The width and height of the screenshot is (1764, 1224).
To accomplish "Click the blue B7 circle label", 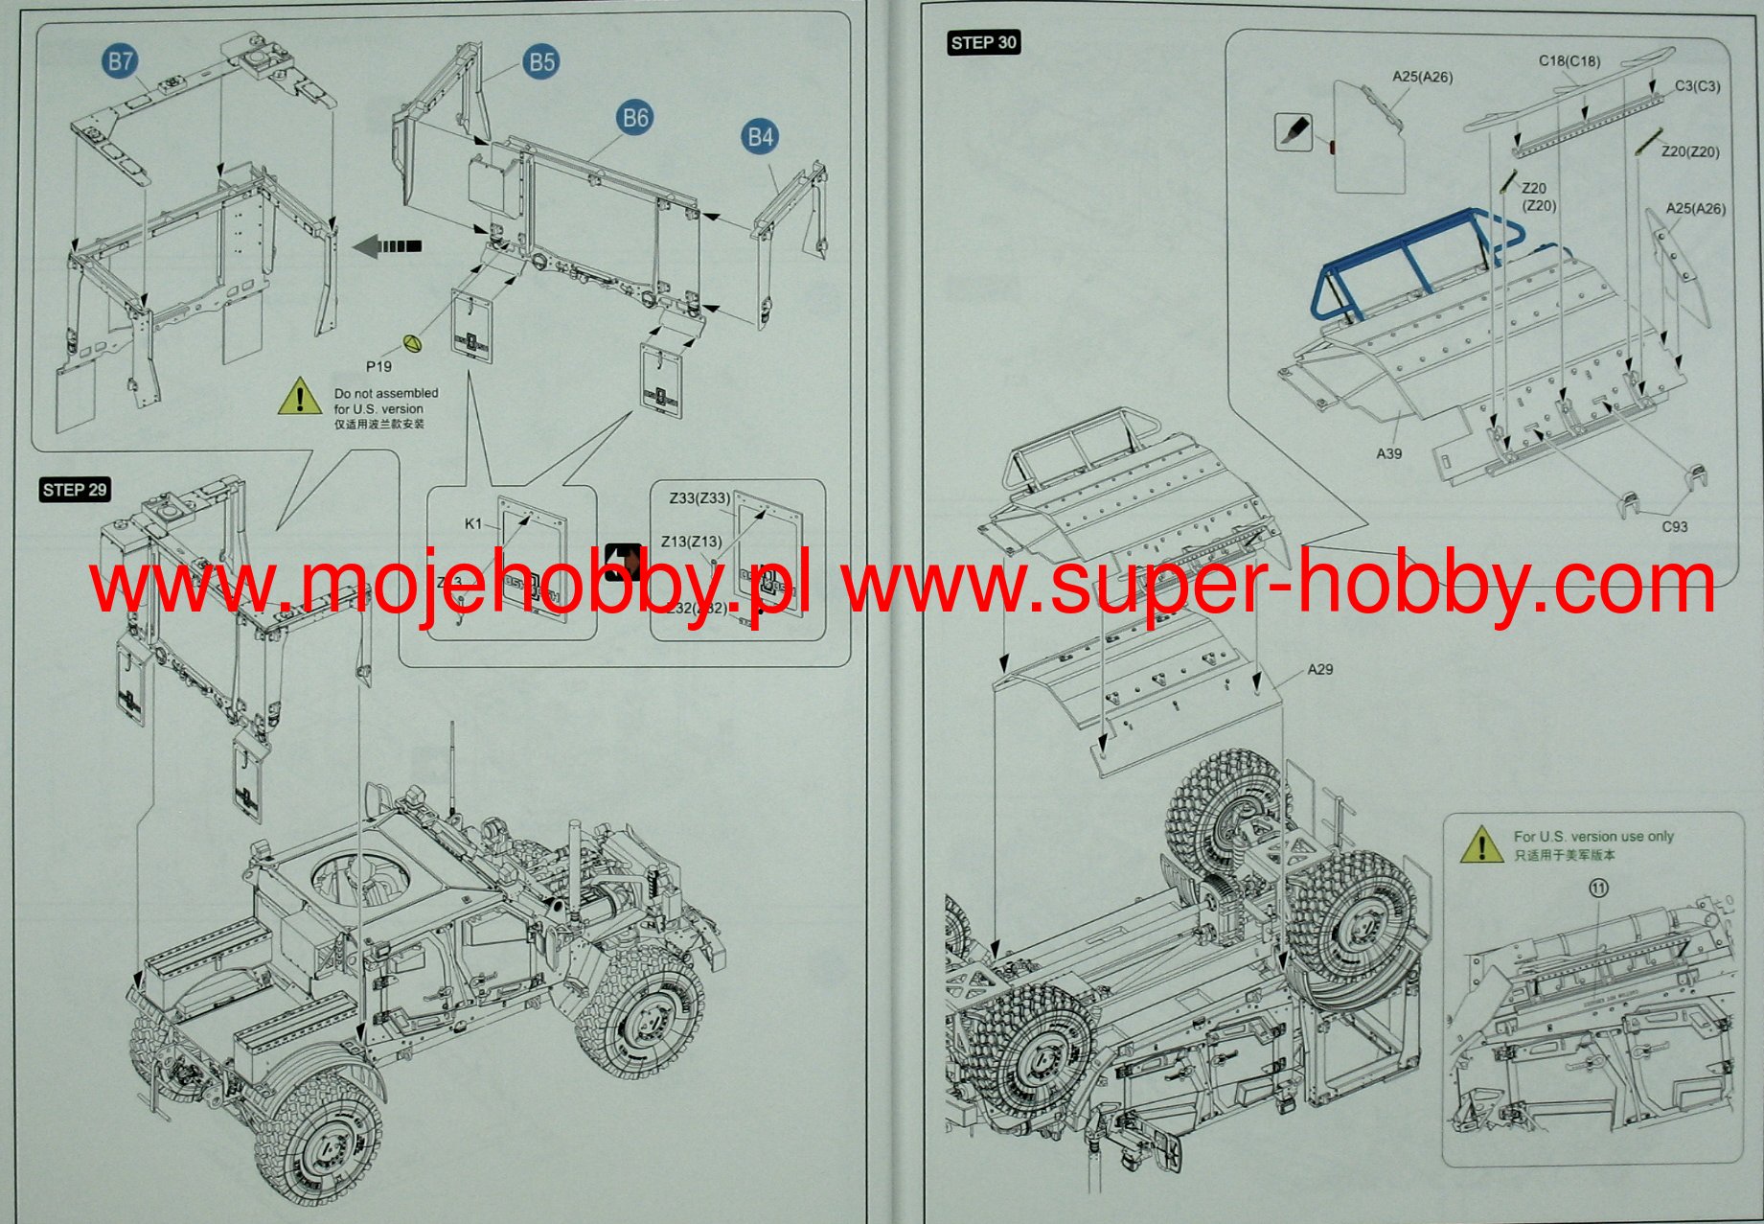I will point(120,62).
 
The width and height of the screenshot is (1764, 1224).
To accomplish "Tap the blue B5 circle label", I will point(541,62).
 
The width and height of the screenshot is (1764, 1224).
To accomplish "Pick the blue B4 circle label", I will point(760,137).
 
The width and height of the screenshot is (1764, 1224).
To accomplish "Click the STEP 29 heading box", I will point(75,490).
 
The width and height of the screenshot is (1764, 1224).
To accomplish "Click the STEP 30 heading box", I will point(983,43).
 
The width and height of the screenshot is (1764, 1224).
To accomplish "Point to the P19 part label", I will point(378,366).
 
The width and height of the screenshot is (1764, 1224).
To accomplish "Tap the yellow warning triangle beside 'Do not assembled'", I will point(300,397).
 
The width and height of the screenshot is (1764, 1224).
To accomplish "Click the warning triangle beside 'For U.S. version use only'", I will point(1482,845).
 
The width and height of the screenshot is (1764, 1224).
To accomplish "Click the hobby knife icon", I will point(1293,131).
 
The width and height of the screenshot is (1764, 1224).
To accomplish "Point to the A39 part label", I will point(1388,453).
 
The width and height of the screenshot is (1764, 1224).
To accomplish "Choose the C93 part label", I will point(1674,526).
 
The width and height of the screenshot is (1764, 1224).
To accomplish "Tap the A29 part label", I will point(1320,669).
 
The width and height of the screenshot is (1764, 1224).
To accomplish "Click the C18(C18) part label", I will point(1569,60).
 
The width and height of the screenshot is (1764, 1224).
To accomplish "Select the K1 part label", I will point(473,523).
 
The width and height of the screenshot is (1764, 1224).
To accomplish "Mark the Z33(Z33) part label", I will point(699,497).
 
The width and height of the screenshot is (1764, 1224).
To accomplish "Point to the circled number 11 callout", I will point(1598,888).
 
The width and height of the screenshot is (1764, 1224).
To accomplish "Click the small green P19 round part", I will point(412,342).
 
